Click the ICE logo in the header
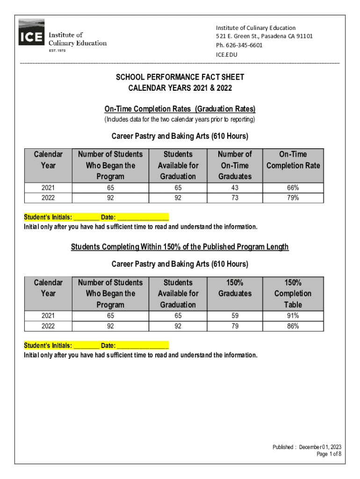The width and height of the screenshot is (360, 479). [31, 33]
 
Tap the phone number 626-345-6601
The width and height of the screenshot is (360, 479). [239, 45]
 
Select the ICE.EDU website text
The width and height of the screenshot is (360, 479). [226, 55]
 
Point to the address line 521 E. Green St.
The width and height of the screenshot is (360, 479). [264, 36]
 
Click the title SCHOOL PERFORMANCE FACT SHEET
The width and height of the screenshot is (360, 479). [180, 77]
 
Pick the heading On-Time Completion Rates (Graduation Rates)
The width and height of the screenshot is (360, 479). [180, 109]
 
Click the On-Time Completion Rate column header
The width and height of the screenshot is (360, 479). [293, 160]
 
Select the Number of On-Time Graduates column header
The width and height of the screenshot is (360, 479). [235, 165]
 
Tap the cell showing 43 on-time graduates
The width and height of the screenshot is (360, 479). [235, 188]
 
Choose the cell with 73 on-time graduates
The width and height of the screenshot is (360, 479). [235, 197]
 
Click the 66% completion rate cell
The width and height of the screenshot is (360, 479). [293, 188]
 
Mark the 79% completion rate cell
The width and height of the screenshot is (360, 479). [293, 197]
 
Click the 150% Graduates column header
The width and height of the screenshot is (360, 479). [235, 288]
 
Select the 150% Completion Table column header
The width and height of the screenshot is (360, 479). [293, 293]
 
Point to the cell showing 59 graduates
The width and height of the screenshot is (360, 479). [235, 316]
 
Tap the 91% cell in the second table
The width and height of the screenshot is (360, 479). [293, 316]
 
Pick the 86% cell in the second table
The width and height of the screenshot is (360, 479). [293, 326]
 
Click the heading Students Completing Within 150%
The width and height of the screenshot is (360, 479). [180, 247]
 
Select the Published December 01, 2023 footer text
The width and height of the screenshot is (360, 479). [307, 447]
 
